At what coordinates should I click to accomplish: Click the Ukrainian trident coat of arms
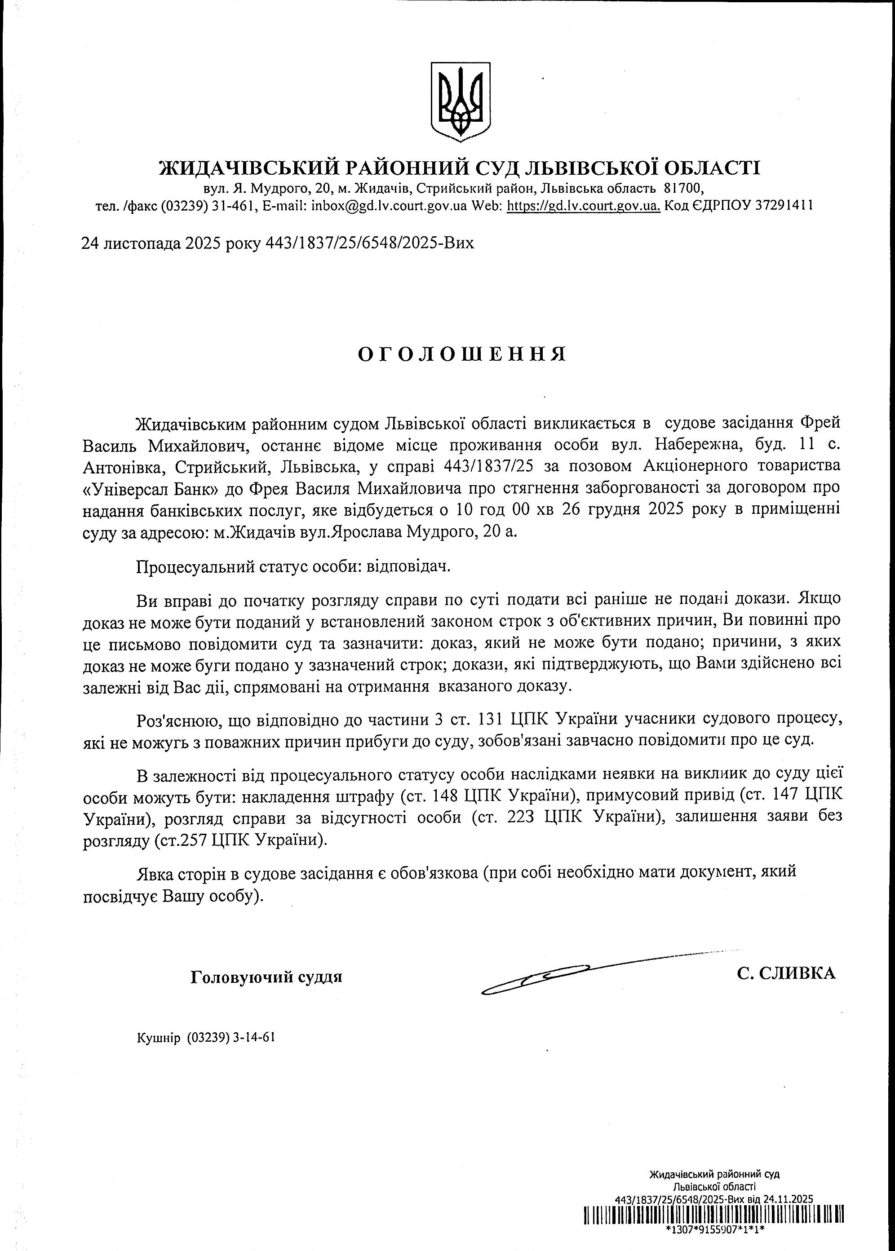click(x=460, y=100)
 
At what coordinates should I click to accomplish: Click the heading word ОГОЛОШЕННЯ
click(x=462, y=355)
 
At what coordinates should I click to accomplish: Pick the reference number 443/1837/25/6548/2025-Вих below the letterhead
click(x=369, y=243)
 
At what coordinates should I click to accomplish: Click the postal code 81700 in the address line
click(x=683, y=189)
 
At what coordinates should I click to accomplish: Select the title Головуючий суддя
click(x=266, y=978)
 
